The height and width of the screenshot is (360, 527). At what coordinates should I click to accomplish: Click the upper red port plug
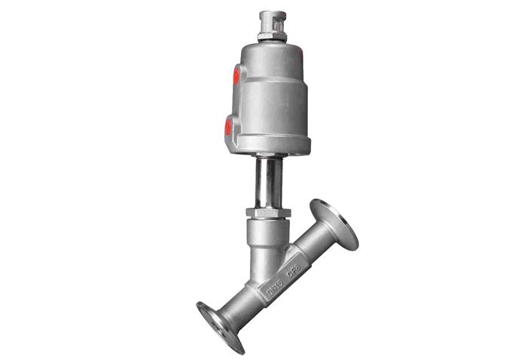click(236, 74)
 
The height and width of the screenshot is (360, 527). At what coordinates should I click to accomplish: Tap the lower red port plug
click(228, 127)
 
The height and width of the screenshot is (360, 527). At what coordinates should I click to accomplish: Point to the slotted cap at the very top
click(269, 18)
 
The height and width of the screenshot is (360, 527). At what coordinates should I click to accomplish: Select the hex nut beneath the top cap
click(269, 35)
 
